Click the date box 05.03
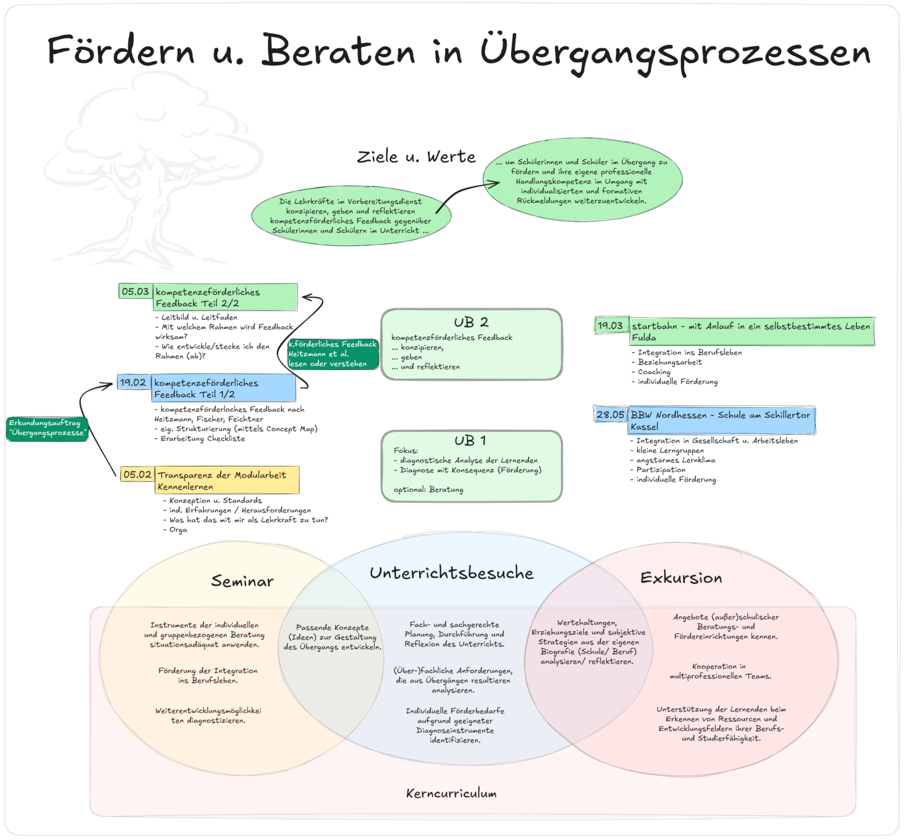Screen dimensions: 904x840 135,291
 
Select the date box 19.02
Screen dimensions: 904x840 134,382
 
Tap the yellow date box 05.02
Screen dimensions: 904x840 137,474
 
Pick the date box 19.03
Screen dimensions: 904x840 611,325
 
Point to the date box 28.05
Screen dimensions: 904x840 610,414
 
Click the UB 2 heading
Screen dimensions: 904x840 471,322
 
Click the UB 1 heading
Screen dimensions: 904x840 470,441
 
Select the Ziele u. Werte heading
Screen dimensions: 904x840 416,156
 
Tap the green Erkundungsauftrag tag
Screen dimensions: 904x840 48,428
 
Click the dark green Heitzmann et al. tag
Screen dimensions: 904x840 333,354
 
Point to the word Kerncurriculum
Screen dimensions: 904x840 451,794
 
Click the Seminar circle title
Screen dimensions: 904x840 242,581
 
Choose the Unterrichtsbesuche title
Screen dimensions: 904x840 451,573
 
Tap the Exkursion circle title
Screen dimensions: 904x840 681,578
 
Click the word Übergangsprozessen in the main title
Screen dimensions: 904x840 675,52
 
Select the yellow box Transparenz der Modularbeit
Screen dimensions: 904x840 227,480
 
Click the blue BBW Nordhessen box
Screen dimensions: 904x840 722,421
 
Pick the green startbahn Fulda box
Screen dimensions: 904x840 752,331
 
